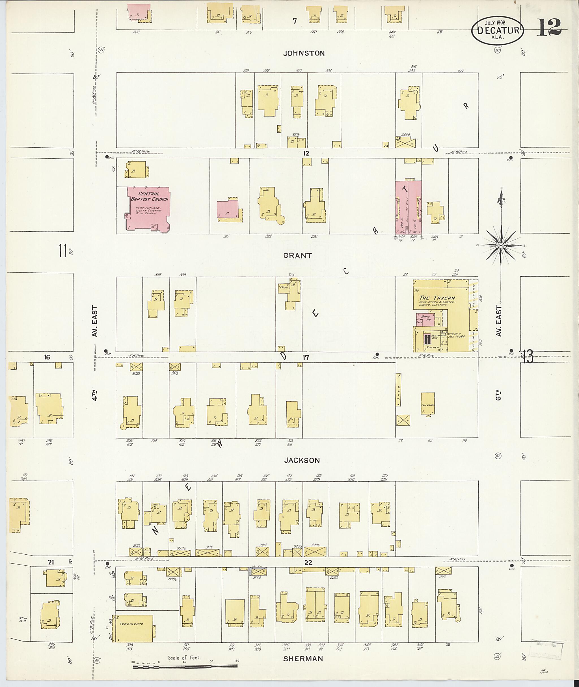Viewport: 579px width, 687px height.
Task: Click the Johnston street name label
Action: [304, 53]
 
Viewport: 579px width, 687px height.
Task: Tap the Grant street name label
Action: [297, 255]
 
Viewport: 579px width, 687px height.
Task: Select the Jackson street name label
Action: [302, 460]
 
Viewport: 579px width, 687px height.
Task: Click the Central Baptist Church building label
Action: [149, 196]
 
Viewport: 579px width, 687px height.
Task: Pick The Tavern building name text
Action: [437, 298]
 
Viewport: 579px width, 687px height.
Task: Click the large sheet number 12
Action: [549, 28]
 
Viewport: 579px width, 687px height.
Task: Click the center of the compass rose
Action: [501, 245]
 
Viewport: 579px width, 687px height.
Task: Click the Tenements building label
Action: [131, 624]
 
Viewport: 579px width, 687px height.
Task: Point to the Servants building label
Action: [428, 405]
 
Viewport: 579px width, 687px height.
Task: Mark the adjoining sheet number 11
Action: [62, 251]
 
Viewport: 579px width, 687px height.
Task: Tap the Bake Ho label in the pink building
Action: [425, 318]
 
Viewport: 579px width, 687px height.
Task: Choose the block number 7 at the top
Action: [295, 21]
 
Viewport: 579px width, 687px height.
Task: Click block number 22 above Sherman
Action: [308, 563]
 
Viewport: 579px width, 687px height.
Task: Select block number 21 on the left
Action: [51, 562]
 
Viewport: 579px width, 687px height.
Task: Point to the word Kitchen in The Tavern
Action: [433, 347]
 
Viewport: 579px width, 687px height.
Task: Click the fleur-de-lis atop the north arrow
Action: [501, 197]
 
